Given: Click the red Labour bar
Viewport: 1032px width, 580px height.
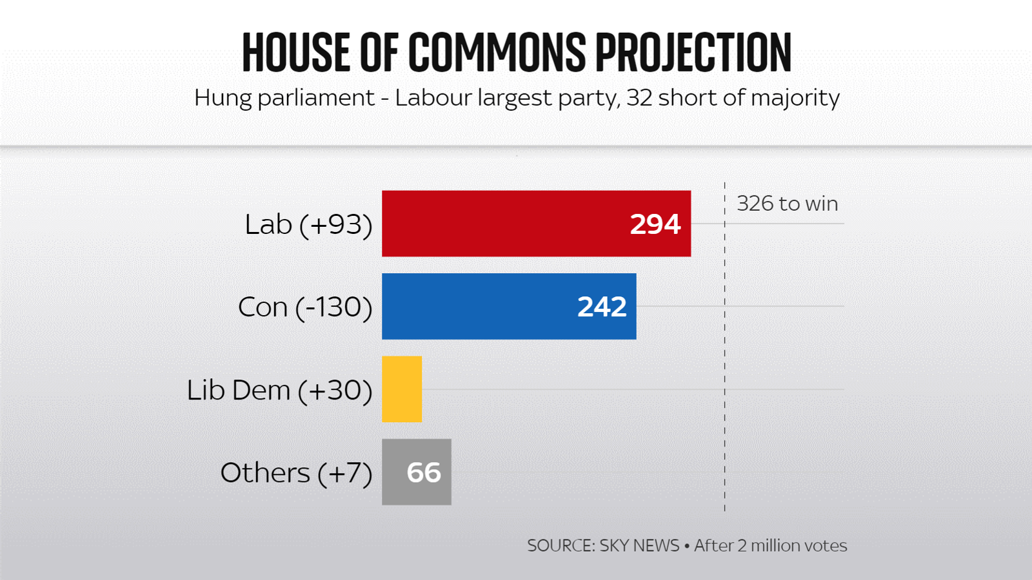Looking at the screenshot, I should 503,224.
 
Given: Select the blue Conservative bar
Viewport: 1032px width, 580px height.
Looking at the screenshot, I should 477,306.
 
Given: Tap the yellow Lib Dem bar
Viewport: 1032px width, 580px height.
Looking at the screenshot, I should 402,389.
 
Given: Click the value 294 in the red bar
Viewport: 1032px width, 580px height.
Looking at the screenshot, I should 655,224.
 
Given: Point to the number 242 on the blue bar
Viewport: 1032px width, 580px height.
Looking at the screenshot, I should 601,307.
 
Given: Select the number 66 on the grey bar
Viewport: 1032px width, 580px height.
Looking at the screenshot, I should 424,472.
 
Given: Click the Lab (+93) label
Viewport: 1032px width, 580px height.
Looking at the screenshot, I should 308,224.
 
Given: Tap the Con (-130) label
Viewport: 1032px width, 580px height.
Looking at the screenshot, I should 305,307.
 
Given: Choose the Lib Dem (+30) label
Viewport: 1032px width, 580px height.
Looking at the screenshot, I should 279,390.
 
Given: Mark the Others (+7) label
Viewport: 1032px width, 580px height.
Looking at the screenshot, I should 296,472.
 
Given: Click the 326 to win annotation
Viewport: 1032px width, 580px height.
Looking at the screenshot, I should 787,204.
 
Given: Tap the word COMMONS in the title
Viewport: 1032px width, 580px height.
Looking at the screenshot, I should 497,52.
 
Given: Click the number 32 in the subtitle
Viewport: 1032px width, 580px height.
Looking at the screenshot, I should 639,98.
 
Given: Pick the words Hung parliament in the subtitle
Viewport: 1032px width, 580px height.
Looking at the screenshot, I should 284,98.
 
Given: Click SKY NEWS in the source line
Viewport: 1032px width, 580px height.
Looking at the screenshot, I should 639,545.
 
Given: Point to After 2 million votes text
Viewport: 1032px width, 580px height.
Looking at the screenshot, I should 770,545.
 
